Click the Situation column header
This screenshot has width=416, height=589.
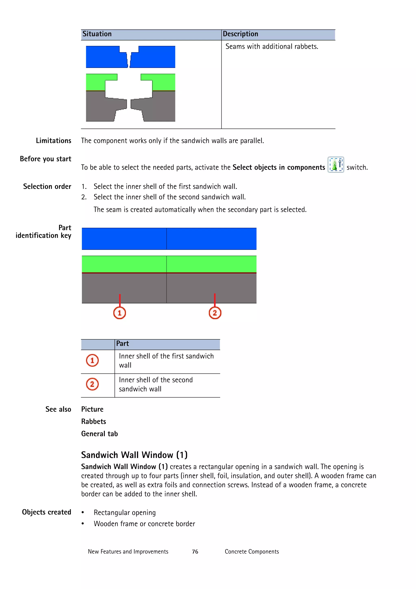click(x=97, y=34)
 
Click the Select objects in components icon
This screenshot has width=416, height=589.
click(x=336, y=165)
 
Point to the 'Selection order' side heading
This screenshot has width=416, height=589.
click(x=47, y=186)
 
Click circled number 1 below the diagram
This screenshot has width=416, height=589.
click(x=119, y=313)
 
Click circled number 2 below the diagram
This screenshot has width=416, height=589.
click(x=215, y=313)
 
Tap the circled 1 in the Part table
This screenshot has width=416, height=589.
click(x=92, y=360)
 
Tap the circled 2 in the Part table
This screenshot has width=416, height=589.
click(x=92, y=384)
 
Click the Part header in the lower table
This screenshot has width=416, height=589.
click(x=122, y=344)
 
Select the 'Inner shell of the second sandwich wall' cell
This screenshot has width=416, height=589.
click(x=156, y=384)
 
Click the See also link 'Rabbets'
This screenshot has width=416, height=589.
click(x=94, y=421)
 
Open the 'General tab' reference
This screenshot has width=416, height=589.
click(x=100, y=434)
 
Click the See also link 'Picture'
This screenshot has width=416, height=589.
click(x=92, y=409)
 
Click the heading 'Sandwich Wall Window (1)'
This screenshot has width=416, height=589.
click(x=134, y=455)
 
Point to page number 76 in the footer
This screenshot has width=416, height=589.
click(x=195, y=552)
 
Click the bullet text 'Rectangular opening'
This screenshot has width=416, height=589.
click(x=125, y=513)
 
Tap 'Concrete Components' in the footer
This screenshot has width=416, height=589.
click(x=252, y=552)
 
